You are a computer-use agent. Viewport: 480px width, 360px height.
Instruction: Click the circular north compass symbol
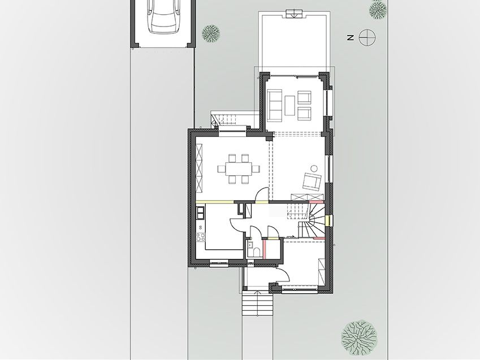pyautogui.click(x=367, y=38)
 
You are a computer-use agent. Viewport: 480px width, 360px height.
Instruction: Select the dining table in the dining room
pyautogui.click(x=239, y=168)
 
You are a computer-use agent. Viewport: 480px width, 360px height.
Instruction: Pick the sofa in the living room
pyautogui.click(x=275, y=105)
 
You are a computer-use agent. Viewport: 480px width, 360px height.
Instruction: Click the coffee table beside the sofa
pyautogui.click(x=289, y=105)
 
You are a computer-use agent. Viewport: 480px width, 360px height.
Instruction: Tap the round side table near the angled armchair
pyautogui.click(x=314, y=168)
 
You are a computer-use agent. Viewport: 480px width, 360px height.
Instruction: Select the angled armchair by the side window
pyautogui.click(x=312, y=181)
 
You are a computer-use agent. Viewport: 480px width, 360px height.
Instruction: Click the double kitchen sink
pyautogui.click(x=200, y=212)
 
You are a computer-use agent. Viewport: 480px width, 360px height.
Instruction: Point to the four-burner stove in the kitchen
pyautogui.click(x=201, y=237)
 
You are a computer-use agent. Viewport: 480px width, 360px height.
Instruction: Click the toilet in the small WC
pyautogui.click(x=257, y=252)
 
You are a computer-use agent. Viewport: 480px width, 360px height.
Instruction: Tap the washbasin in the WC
pyautogui.click(x=249, y=244)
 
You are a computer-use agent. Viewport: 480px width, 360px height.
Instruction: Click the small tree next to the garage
pyautogui.click(x=211, y=33)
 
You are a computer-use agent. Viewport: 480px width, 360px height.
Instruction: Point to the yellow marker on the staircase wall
pyautogui.click(x=327, y=220)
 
